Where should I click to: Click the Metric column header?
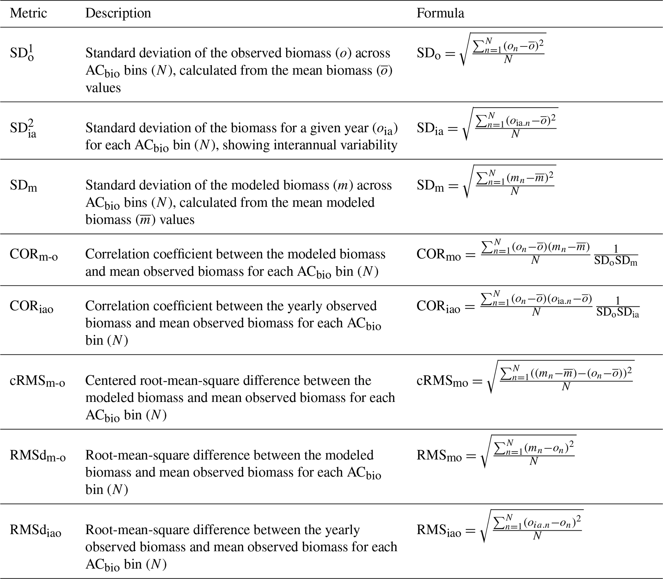pyautogui.click(x=29, y=13)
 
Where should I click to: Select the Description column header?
pyautogui.click(x=118, y=13)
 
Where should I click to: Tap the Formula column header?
pyautogui.click(x=440, y=13)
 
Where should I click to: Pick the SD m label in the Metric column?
pyautogui.click(x=23, y=186)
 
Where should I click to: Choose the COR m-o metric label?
pyautogui.click(x=34, y=255)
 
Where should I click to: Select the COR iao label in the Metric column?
pyautogui.click(x=32, y=306)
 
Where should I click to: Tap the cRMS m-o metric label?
pyautogui.click(x=38, y=381)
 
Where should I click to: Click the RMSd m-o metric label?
pyautogui.click(x=38, y=456)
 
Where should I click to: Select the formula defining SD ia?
pyautogui.click(x=487, y=124)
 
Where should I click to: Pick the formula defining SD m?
pyautogui.click(x=486, y=182)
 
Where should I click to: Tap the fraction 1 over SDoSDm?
pyautogui.click(x=616, y=255)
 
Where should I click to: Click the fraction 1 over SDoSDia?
pyautogui.click(x=617, y=307)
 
